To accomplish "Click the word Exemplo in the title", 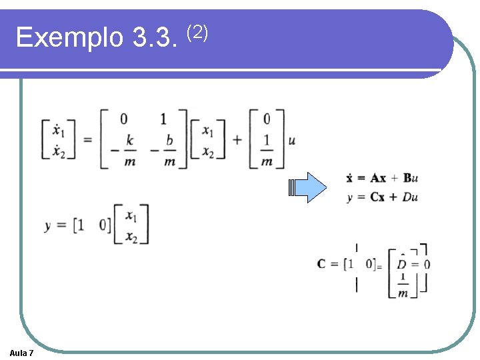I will pos(69,38).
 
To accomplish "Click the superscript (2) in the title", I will pos(198,30).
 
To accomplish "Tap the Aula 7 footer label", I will pos(22,352).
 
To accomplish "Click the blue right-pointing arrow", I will pos(309,187).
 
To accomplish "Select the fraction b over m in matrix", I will pos(169,150).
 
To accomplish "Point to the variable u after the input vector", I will pos(291,141).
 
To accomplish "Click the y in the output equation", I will pos(49,225).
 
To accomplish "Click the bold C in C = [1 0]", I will pos(322,264).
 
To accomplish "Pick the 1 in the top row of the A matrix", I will pos(164,119).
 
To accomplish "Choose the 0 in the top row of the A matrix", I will pos(123,119).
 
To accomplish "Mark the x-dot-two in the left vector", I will pos(58,151).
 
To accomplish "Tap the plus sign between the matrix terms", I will pos(237,141).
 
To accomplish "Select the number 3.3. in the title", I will pos(155,38).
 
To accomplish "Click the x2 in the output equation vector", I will pos(131,236).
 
